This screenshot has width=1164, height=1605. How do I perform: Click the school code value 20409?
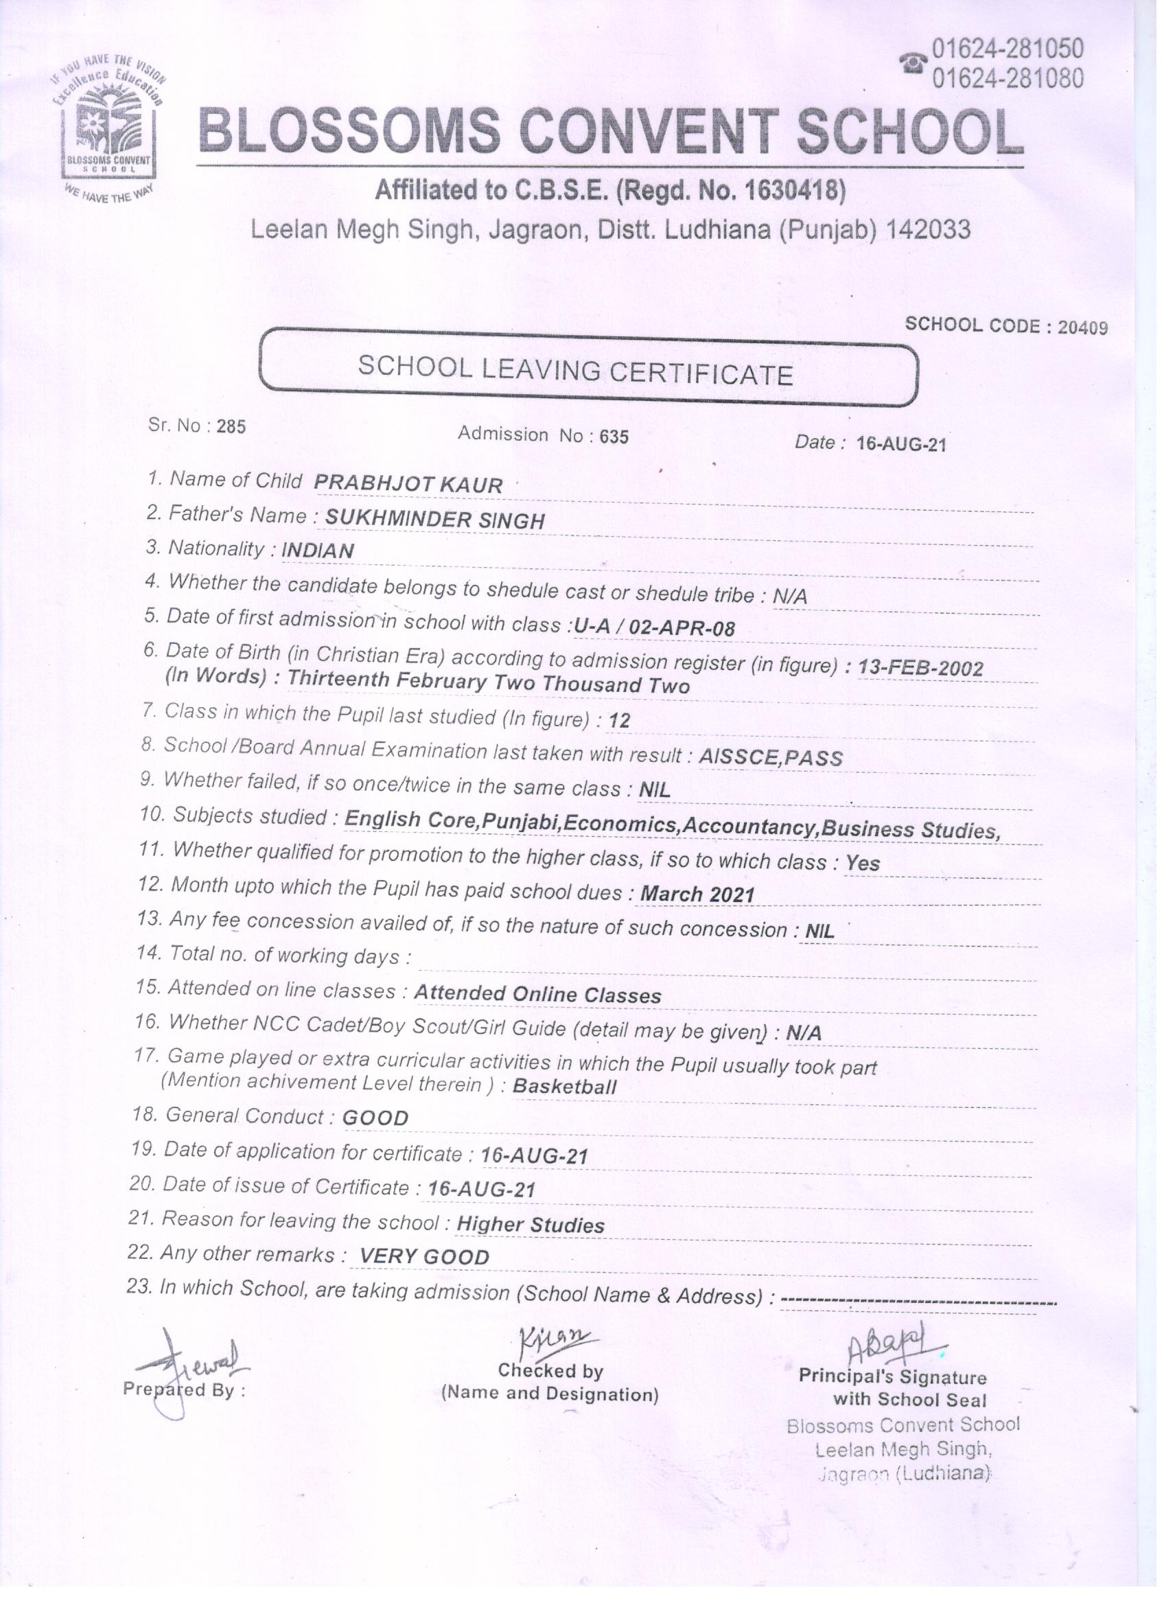(x=1082, y=327)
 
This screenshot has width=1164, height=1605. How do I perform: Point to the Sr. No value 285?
(x=231, y=427)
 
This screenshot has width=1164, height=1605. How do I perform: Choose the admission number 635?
(x=614, y=437)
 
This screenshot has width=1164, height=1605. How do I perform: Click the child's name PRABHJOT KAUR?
(x=408, y=485)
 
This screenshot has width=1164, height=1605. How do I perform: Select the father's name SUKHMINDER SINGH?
(x=434, y=520)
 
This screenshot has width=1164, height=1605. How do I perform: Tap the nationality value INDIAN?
(x=318, y=551)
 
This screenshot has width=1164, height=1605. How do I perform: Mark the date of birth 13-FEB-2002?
(x=920, y=668)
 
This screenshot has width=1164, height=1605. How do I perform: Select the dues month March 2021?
(x=698, y=894)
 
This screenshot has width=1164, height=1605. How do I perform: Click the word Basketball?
(x=564, y=1086)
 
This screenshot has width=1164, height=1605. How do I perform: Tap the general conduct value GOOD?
(x=375, y=1118)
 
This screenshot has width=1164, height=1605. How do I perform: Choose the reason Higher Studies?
(x=531, y=1225)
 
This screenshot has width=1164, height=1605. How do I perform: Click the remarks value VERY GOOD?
(x=425, y=1257)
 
